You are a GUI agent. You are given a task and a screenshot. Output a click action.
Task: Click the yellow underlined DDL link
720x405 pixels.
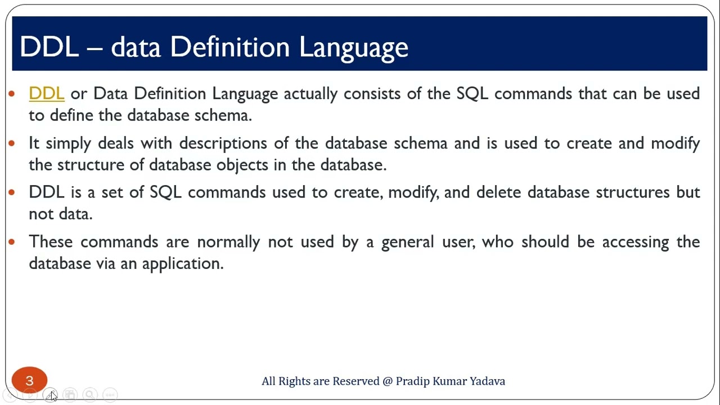click(46, 93)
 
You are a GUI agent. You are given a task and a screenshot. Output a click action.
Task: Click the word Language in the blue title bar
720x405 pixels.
click(353, 47)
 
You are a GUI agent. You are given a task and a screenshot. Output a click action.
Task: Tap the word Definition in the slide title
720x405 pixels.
click(230, 47)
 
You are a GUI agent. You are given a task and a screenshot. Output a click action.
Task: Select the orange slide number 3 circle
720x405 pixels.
click(29, 381)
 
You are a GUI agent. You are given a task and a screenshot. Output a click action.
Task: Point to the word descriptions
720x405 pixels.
click(223, 143)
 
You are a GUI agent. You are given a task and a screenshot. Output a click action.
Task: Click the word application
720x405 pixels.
click(182, 264)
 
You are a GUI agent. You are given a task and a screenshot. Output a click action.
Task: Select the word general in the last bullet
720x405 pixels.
click(407, 242)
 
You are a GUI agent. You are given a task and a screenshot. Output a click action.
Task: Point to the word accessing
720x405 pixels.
click(636, 242)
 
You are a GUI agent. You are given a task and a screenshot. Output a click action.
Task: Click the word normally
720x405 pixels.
click(228, 242)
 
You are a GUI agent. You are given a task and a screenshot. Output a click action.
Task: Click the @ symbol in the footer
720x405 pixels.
click(388, 381)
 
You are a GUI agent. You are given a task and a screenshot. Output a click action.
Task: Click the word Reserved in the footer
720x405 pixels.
click(355, 381)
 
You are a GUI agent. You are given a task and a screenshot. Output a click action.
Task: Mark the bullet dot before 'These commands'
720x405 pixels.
click(12, 242)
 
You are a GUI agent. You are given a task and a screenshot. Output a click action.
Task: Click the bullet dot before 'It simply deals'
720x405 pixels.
click(12, 143)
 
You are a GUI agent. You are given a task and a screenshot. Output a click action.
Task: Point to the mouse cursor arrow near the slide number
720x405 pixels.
click(52, 396)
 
